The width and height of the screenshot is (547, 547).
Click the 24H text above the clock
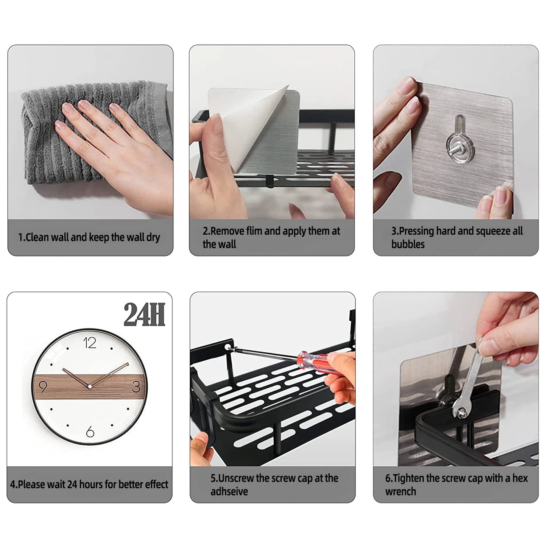pos(144,315)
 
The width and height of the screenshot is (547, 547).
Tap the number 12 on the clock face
pos(90,343)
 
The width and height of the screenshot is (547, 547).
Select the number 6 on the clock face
pos(90,432)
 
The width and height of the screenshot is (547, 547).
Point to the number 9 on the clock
pos(43,387)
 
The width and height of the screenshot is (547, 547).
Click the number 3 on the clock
pos(136,387)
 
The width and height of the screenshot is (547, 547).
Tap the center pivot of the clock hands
pos(90,386)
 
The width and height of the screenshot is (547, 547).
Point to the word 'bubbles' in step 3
pos(408,244)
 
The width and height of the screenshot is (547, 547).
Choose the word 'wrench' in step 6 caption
pos(401,492)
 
